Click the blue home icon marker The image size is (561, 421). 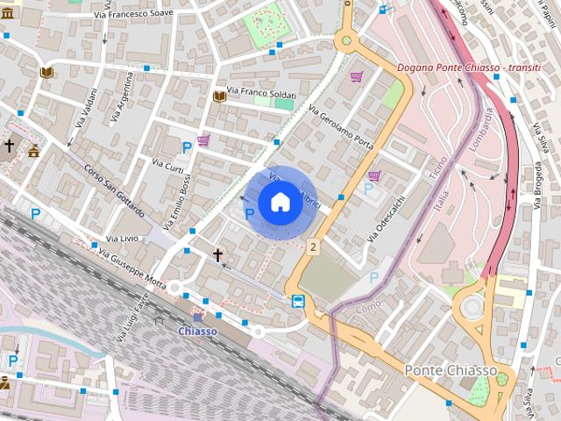click(280, 203)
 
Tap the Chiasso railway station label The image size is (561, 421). click(197, 331)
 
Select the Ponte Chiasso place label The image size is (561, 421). click(450, 371)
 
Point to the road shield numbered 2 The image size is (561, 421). click(313, 247)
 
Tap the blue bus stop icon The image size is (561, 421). click(298, 302)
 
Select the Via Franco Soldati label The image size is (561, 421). click(261, 91)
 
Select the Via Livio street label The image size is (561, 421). click(122, 238)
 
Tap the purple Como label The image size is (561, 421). click(368, 309)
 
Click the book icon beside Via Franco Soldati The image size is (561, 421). click(219, 96)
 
